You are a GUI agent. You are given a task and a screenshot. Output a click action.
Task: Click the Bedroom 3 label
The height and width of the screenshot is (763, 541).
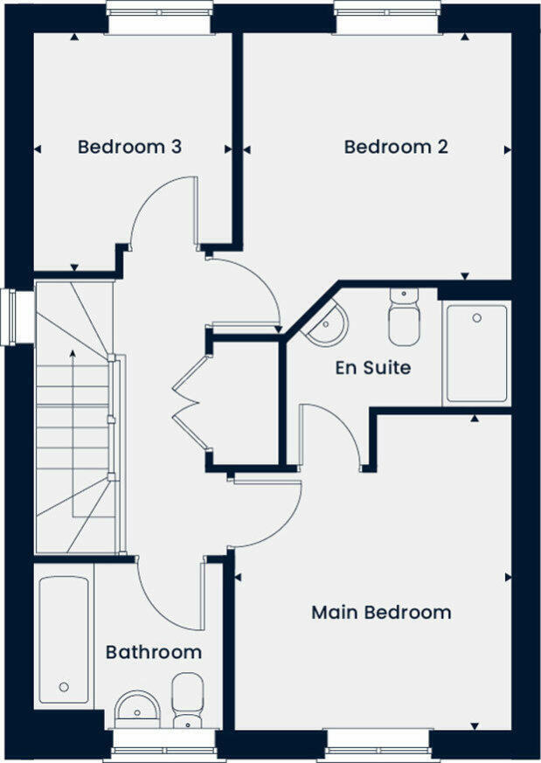click(x=129, y=147)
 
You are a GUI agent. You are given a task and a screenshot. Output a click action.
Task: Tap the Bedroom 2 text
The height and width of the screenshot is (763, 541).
click(x=396, y=147)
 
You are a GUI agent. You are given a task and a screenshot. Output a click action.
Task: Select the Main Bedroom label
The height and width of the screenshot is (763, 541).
click(x=381, y=612)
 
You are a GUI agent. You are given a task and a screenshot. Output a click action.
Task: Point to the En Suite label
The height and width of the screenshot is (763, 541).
click(x=373, y=368)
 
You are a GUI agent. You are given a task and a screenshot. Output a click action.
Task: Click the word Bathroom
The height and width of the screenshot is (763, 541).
click(x=154, y=652)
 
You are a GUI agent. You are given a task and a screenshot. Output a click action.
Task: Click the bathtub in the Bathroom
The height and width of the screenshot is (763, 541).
click(x=64, y=641)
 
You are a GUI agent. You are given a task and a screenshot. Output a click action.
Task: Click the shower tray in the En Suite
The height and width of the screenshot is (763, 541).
click(x=476, y=353)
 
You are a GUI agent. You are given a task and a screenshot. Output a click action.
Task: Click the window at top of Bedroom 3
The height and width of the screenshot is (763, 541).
click(x=158, y=17)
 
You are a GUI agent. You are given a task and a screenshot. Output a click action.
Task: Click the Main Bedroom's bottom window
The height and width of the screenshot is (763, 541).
click(x=378, y=744)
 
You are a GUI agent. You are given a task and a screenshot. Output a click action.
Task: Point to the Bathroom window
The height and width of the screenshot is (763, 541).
click(x=164, y=744)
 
